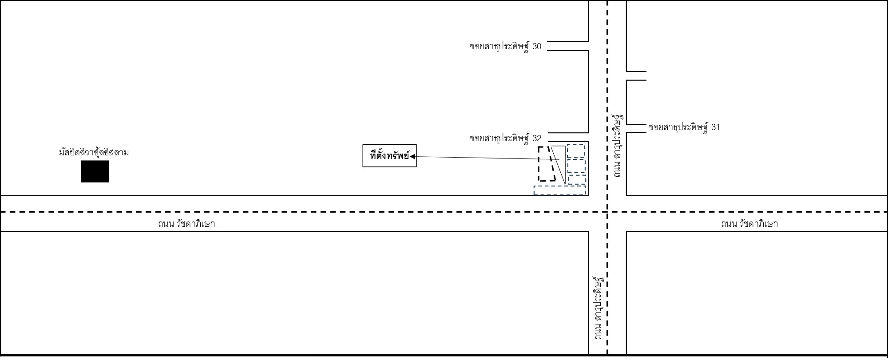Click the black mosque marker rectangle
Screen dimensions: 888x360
point(95,171)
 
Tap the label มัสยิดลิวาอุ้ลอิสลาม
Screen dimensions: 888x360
point(94,152)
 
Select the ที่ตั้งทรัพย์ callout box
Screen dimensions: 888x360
point(389,156)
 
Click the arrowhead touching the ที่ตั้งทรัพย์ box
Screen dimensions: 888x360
point(412,156)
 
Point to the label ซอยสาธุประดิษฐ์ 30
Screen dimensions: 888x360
point(505,46)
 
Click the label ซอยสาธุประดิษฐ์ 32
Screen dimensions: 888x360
point(505,138)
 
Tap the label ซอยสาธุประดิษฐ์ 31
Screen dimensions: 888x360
point(684,127)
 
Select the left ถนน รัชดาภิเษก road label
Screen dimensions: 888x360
point(186,224)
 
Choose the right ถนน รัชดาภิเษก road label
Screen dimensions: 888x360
point(749,224)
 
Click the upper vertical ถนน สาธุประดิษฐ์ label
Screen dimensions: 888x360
point(617,145)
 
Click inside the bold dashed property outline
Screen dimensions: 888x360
point(547,163)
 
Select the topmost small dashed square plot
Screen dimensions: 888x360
point(576,151)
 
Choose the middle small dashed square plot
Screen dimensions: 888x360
point(576,166)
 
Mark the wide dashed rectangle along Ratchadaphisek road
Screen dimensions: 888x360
point(560,190)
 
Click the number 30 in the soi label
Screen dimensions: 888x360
point(537,47)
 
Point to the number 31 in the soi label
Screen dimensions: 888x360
point(716,127)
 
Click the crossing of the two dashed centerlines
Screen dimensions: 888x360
point(607,212)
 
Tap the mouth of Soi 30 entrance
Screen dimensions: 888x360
point(588,46)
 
